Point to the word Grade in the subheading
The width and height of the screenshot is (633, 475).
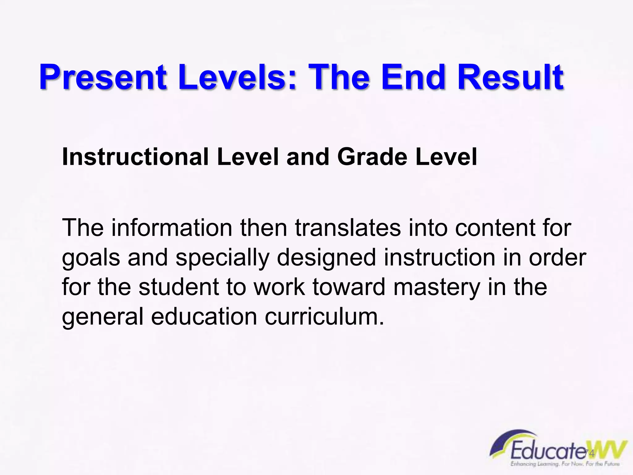372,157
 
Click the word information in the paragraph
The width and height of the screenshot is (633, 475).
172,228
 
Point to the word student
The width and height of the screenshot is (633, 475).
179,287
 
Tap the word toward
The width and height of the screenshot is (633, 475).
349,287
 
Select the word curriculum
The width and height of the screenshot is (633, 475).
325,317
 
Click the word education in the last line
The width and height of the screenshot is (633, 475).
204,317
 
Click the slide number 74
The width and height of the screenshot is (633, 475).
590,453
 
